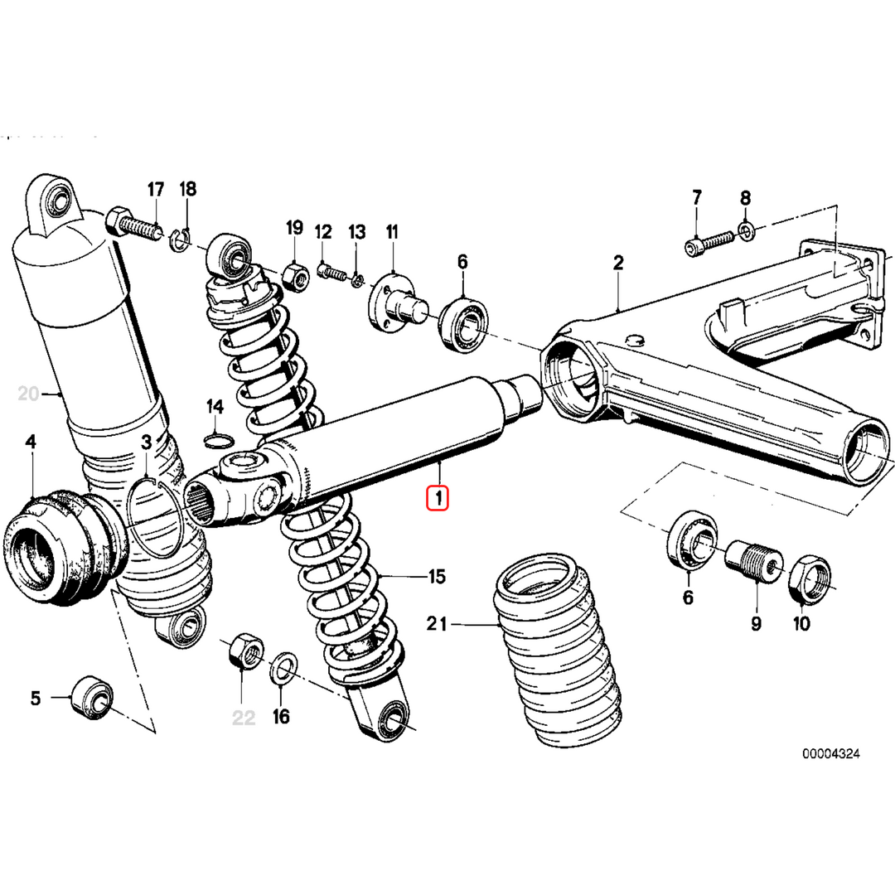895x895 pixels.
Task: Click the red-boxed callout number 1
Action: click(x=438, y=499)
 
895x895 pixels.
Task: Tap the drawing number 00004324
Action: click(x=830, y=754)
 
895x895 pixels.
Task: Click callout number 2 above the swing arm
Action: click(x=617, y=264)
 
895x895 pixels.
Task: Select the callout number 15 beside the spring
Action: click(x=437, y=576)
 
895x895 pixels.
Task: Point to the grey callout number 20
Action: click(x=28, y=394)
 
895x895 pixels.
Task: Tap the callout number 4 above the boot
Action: click(x=31, y=443)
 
